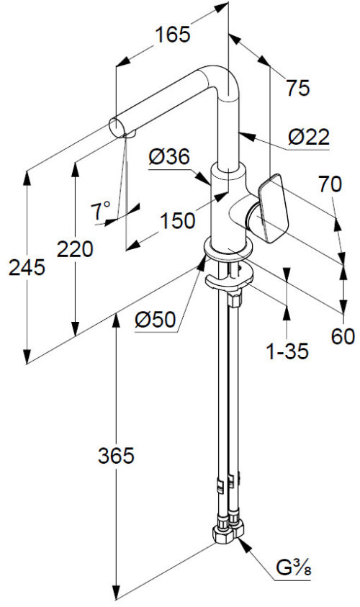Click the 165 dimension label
click(x=173, y=35)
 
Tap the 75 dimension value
click(x=298, y=88)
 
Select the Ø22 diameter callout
click(x=309, y=137)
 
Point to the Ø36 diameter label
click(x=169, y=157)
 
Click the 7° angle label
click(x=100, y=210)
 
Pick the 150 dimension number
click(x=178, y=221)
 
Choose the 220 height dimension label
click(x=75, y=249)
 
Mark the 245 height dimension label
click(x=27, y=268)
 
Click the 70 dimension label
click(x=330, y=184)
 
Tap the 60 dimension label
click(x=343, y=336)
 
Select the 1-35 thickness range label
click(x=287, y=351)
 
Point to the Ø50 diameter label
click(x=156, y=320)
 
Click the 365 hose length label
click(x=116, y=456)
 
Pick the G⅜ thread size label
click(x=294, y=568)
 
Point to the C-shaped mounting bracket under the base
click(x=229, y=280)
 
